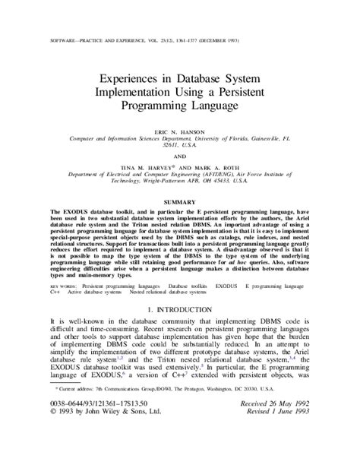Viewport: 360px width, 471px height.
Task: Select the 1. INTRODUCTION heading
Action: (180, 310)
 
